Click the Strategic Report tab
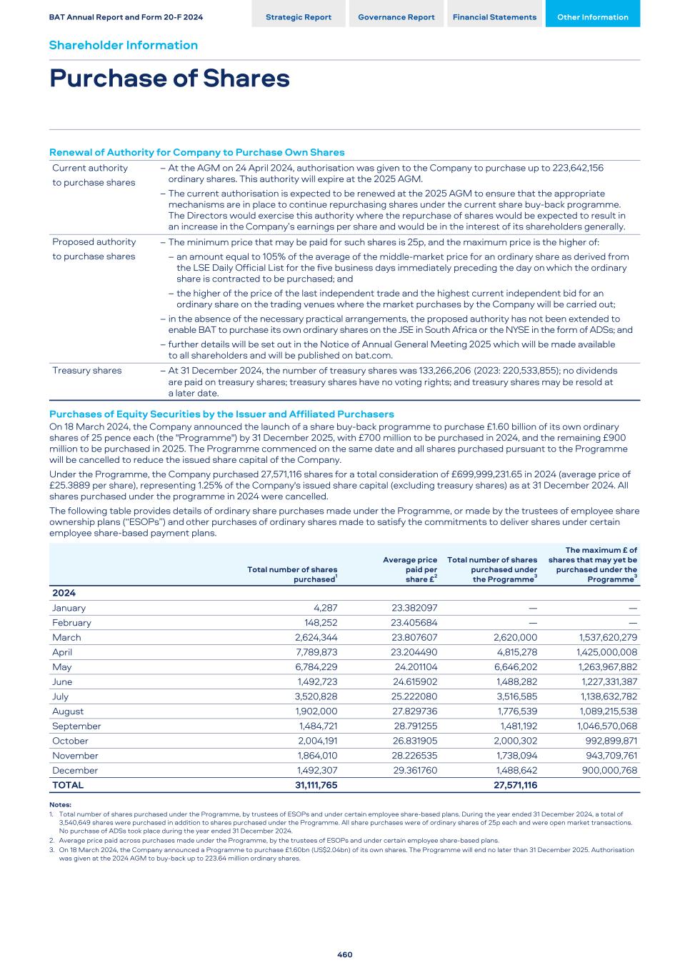click(x=298, y=17)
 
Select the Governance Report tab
click(x=396, y=17)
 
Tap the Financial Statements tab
click(x=494, y=17)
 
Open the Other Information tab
click(x=592, y=17)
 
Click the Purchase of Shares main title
click(x=169, y=79)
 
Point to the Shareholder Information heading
click(x=124, y=45)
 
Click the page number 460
click(x=345, y=954)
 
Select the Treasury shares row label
click(x=86, y=371)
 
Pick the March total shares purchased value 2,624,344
click(x=316, y=637)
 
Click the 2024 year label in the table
click(x=64, y=593)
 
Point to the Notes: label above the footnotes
click(x=60, y=805)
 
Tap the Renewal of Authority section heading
click(x=196, y=152)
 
